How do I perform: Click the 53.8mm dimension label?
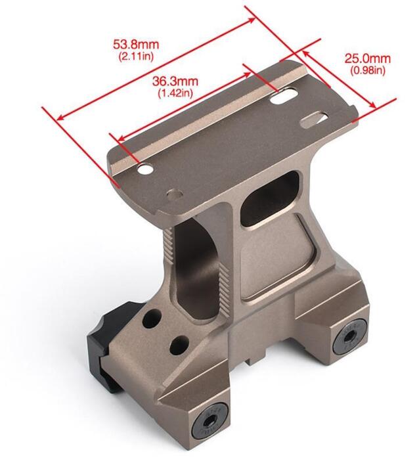[136, 45]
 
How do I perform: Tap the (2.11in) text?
[136, 56]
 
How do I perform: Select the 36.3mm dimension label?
[175, 81]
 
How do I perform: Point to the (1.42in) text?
[175, 93]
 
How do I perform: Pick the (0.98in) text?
[368, 70]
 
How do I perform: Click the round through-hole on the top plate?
[145, 169]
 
